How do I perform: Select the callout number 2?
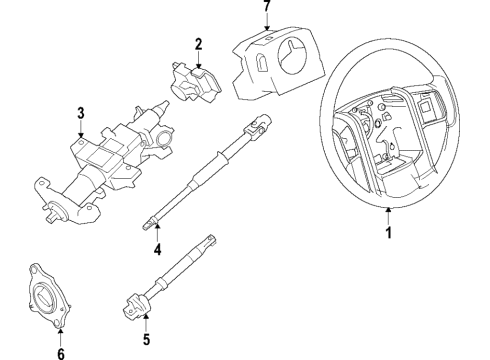[198, 43]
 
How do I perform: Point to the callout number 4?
[157, 250]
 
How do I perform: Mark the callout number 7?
[266, 8]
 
